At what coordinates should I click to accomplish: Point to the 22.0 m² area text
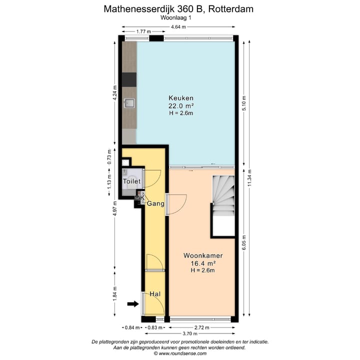point(180,105)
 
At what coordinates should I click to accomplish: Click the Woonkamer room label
point(202,255)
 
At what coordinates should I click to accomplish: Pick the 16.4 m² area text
point(202,263)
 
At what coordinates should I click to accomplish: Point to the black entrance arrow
point(132,303)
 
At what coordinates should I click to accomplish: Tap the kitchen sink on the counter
point(129,103)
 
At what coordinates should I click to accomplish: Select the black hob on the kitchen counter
point(129,79)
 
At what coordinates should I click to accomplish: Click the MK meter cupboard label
point(139,198)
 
